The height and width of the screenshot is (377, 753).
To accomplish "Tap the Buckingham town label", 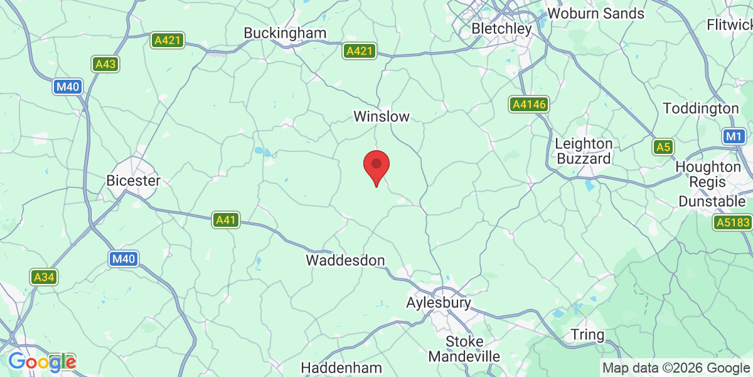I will [285, 33].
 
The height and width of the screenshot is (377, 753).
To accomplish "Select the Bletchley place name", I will [501, 29].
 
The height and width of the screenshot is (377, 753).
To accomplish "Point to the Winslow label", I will [382, 116].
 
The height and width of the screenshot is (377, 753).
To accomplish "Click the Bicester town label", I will [134, 180].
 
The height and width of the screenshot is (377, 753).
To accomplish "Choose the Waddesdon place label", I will [345, 260].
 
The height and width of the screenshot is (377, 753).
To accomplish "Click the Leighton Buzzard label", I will [584, 151].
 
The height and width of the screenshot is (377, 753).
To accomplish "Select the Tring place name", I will [588, 334].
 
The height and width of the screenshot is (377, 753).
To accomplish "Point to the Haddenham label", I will [341, 367].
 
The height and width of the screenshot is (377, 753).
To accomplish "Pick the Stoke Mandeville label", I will [464, 349].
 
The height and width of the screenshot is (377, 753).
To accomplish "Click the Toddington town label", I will [701, 109].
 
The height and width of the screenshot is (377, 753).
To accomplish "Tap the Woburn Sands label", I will [595, 13].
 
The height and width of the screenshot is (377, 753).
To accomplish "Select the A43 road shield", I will [105, 64].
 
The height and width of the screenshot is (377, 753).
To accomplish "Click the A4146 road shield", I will [528, 105].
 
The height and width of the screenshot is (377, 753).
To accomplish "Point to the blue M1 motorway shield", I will [733, 136].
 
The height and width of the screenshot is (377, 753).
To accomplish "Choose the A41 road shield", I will [226, 220].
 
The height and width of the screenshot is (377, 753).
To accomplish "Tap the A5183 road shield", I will [732, 222].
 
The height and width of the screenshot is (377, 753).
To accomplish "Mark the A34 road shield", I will [44, 277].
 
